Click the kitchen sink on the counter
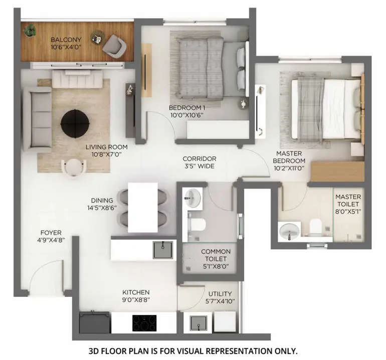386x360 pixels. pyautogui.click(x=162, y=249)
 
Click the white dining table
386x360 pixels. pyautogui.click(x=143, y=207)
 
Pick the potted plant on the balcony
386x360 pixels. pyautogui.click(x=31, y=30)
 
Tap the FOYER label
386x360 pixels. pyautogui.click(x=51, y=233)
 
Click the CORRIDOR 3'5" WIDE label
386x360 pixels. pyautogui.click(x=199, y=158)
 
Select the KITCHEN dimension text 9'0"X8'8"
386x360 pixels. pyautogui.click(x=136, y=300)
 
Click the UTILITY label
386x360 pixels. pyautogui.click(x=220, y=293)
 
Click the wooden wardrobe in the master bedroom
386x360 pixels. pyautogui.click(x=337, y=171)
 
